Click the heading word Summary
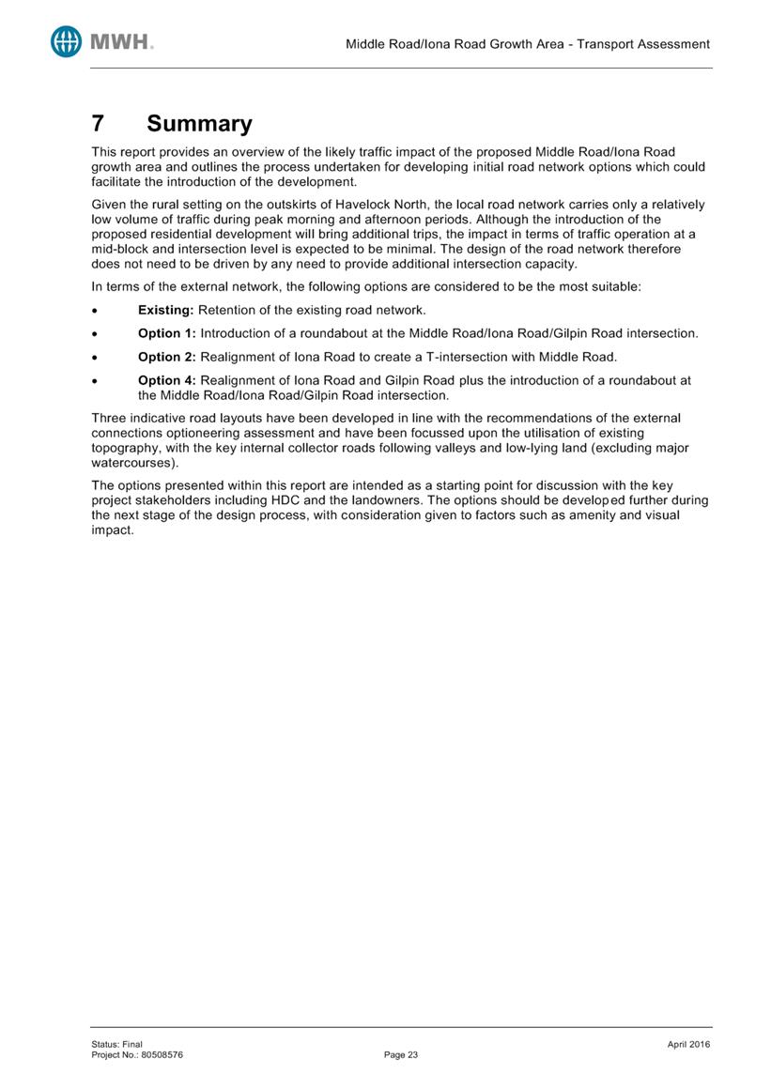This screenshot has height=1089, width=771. [x=199, y=124]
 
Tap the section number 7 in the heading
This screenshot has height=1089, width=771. [x=97, y=124]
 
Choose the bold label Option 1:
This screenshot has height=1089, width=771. [x=167, y=333]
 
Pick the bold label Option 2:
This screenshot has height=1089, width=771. [x=167, y=357]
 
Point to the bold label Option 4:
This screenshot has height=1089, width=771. [x=167, y=380]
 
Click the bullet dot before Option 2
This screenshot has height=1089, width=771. [x=96, y=358]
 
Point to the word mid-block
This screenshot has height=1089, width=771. [x=122, y=249]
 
